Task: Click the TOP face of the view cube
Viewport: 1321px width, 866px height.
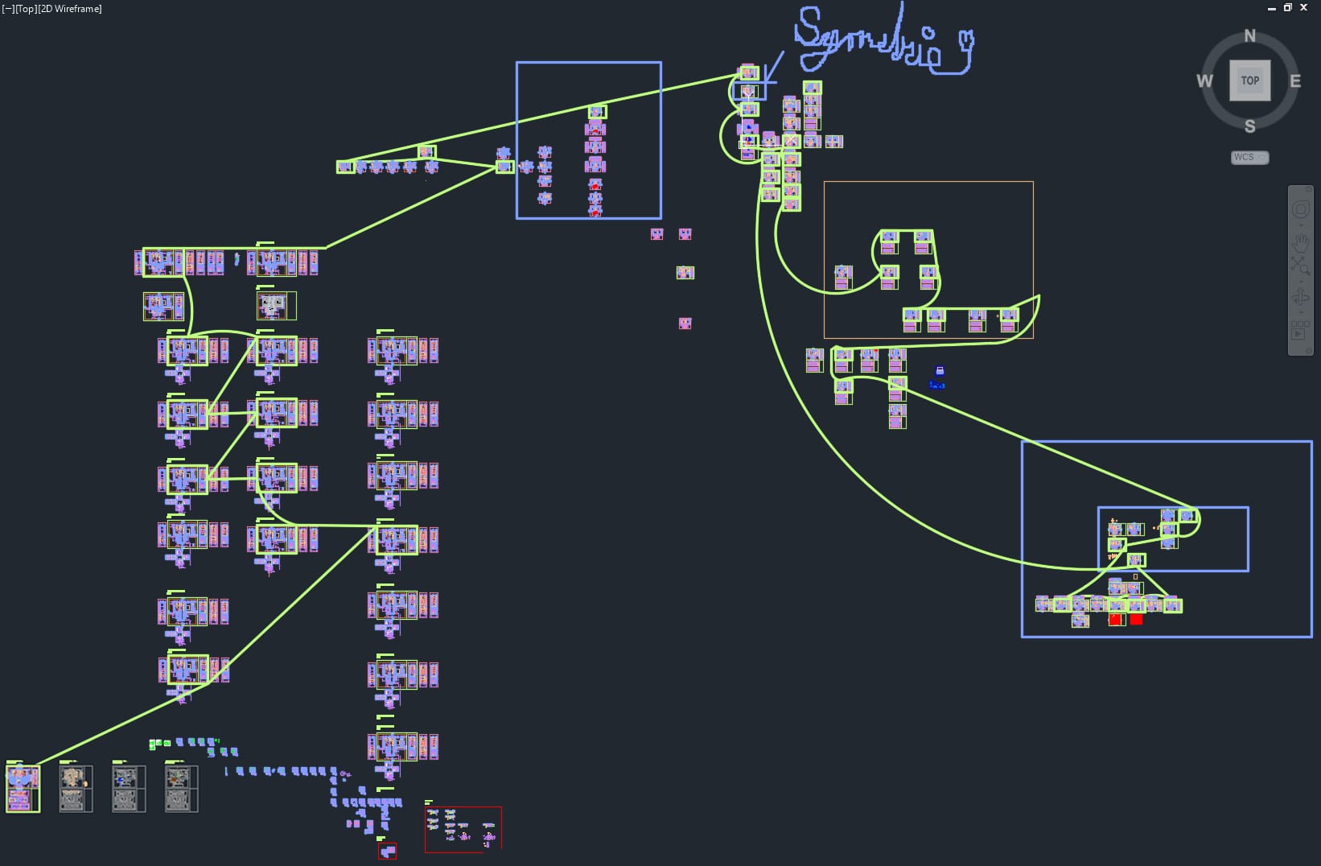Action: (1249, 80)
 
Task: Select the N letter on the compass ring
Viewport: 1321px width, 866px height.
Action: (1249, 35)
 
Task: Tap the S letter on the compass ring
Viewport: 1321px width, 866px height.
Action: (1249, 126)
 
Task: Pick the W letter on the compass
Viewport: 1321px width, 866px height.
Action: (1204, 80)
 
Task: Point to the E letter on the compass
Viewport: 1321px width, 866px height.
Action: (1295, 80)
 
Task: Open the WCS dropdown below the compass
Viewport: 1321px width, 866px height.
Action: (1249, 157)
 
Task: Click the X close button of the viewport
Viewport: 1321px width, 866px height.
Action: (1304, 7)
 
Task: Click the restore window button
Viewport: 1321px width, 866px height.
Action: (1288, 7)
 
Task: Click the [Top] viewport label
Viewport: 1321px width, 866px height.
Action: (26, 9)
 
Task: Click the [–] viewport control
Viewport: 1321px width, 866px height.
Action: (8, 9)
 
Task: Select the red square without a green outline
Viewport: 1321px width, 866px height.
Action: (1136, 619)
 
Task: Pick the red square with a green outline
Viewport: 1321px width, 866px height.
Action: (1116, 619)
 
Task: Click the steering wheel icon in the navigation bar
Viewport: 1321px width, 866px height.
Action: (1301, 210)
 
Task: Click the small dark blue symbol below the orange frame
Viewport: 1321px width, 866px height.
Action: (938, 376)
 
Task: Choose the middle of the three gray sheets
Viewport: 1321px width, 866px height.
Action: (129, 788)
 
